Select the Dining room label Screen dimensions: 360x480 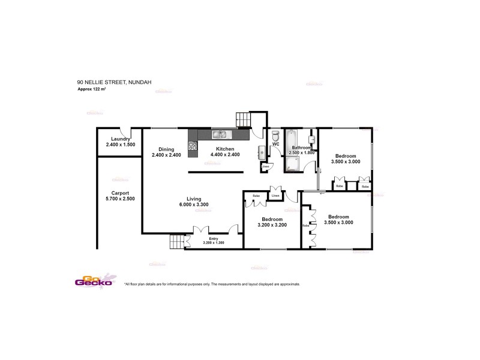[166, 149]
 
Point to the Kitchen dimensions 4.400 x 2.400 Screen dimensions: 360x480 [225, 155]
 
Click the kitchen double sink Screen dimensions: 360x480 [219, 135]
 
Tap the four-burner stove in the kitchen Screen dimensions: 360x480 [193, 145]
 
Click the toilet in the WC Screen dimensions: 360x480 [275, 136]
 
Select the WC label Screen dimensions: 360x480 [276, 145]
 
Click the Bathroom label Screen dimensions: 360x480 [301, 148]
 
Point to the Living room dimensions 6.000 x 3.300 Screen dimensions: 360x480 [193, 205]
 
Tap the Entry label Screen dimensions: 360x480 [214, 238]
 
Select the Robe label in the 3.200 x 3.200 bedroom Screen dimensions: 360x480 [256, 196]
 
